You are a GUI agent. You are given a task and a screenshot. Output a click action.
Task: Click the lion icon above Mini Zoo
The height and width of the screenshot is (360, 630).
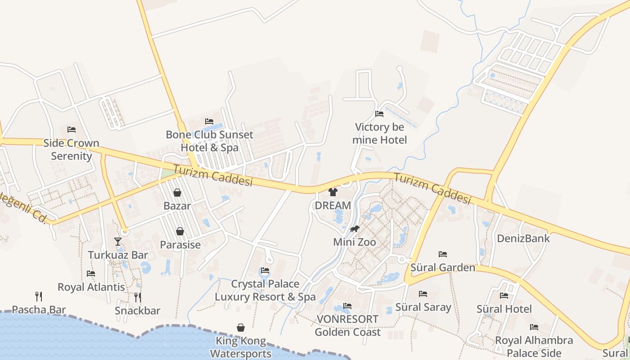pos(355,229)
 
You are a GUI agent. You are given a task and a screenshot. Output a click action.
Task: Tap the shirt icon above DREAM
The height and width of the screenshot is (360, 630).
pos(333,192)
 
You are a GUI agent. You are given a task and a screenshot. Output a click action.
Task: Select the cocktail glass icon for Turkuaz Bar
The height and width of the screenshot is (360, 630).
pos(118,242)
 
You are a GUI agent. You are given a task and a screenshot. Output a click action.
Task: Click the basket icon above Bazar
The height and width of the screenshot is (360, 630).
pos(177,193)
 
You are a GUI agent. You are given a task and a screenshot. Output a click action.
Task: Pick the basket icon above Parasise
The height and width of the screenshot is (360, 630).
pos(180,231)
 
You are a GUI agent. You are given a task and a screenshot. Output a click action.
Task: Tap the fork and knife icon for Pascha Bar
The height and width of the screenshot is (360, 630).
pos(39,296)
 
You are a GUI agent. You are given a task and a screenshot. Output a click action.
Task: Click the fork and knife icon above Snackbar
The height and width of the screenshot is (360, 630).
pos(138,297)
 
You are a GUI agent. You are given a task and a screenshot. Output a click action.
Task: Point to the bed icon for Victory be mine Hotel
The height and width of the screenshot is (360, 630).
pos(379,114)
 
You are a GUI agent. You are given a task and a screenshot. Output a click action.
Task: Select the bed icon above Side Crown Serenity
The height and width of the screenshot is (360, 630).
pos(72,130)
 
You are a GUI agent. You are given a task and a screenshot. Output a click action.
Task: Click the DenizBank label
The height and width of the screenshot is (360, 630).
pos(523,238)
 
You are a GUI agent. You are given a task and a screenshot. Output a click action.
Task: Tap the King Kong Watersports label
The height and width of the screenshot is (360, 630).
pos(241,347)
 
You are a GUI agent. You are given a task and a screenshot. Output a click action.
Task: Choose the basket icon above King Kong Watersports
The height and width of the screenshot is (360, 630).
pos(241,328)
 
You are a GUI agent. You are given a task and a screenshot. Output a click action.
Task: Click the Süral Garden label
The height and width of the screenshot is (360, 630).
pos(443,268)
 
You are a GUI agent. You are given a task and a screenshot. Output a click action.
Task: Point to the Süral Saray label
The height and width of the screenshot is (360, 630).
pos(423,307)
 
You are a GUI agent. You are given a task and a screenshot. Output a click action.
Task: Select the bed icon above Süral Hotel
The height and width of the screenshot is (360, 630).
pos(504,296)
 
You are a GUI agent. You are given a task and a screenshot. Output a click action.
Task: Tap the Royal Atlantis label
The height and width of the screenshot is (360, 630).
pos(91,287)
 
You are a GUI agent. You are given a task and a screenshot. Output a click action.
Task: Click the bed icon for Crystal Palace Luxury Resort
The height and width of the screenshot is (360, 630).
pos(265,270)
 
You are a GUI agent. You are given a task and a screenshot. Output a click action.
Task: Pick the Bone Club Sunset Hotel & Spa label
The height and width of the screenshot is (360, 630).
pos(209,141)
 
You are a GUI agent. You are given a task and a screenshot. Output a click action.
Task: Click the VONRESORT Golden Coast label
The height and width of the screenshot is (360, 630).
pos(347,326)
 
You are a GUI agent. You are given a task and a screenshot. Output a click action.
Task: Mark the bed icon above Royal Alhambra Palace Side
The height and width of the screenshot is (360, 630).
pos(534,327)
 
